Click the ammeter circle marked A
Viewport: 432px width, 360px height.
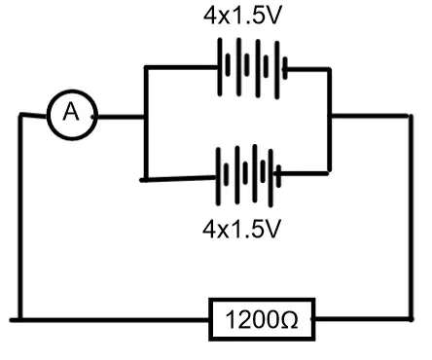(48, 116)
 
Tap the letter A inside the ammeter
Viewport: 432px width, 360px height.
(71, 112)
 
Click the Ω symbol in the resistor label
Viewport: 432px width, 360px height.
(288, 320)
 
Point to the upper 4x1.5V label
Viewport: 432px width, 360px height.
(241, 15)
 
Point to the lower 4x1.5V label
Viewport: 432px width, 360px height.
(241, 229)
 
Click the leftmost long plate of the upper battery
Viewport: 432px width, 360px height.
(220, 67)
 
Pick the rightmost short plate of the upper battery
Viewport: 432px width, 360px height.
(285, 68)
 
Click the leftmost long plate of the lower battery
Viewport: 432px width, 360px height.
(218, 176)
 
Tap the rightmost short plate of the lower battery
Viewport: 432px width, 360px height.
(278, 176)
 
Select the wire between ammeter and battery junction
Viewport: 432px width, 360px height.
(121, 117)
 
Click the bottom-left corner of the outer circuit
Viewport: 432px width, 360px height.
(20, 320)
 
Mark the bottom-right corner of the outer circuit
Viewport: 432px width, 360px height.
(412, 319)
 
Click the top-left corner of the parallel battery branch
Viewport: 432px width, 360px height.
(147, 67)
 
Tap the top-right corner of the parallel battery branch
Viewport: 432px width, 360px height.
(329, 69)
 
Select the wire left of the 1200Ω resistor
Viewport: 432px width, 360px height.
(110, 320)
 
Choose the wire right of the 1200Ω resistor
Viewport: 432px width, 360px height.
(363, 319)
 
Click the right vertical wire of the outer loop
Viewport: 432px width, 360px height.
(412, 217)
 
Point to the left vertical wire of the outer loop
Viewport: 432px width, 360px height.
(20, 217)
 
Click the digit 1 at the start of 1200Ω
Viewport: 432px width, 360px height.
(231, 320)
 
